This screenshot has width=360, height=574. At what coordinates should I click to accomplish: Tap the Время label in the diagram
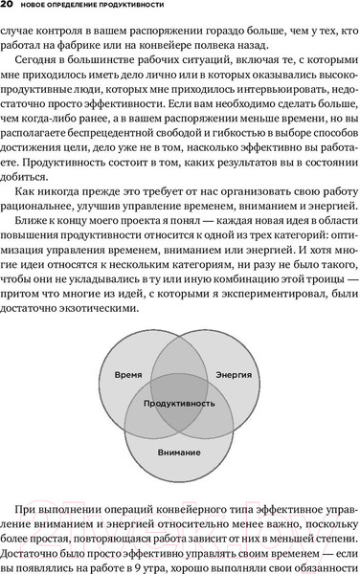point(129,374)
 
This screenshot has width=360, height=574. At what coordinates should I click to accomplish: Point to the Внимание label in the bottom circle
point(180,450)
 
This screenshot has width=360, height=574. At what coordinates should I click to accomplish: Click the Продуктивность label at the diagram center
point(180,405)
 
